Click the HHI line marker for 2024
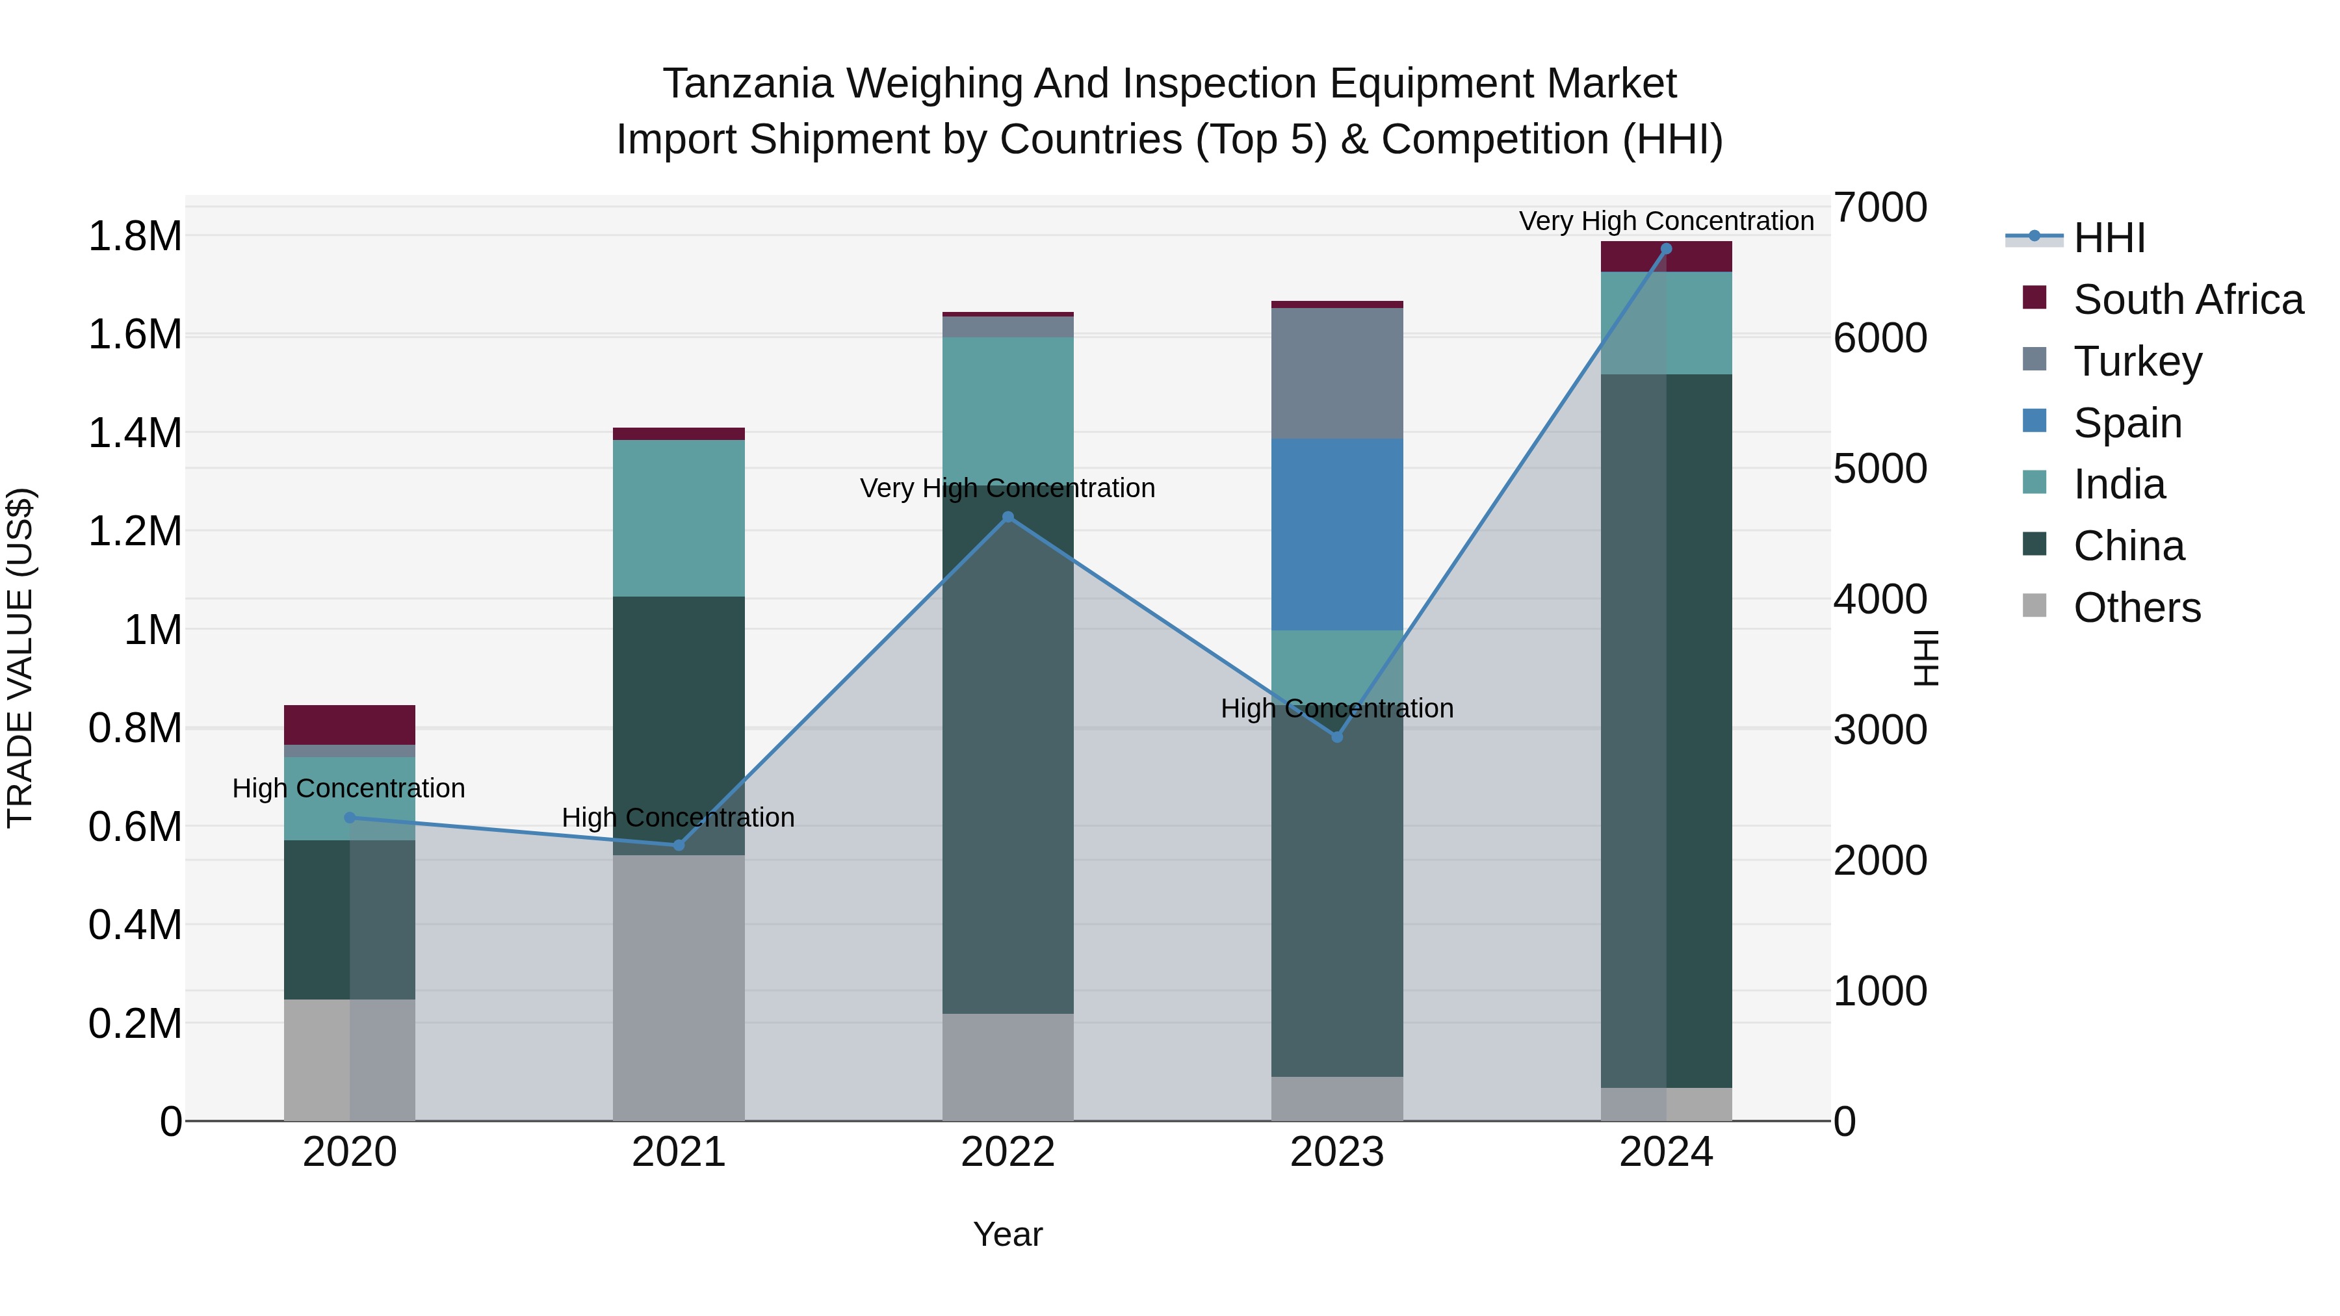tap(1666, 249)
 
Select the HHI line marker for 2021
tap(679, 845)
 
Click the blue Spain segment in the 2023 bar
tap(1336, 535)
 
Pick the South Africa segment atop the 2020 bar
tap(350, 725)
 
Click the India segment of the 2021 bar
tap(679, 518)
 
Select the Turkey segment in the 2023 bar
tap(1336, 373)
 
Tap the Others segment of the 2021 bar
tap(679, 987)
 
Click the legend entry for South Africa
tap(2187, 300)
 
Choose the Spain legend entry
tap(2127, 423)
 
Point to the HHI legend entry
tap(2109, 238)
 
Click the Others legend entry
tap(2137, 608)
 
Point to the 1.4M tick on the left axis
tap(135, 433)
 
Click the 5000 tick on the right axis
tap(1879, 469)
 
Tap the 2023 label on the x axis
tap(1336, 1152)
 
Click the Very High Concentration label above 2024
tap(1666, 221)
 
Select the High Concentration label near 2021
tap(678, 818)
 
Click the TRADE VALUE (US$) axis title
tap(20, 658)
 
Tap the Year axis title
tap(1007, 1234)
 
